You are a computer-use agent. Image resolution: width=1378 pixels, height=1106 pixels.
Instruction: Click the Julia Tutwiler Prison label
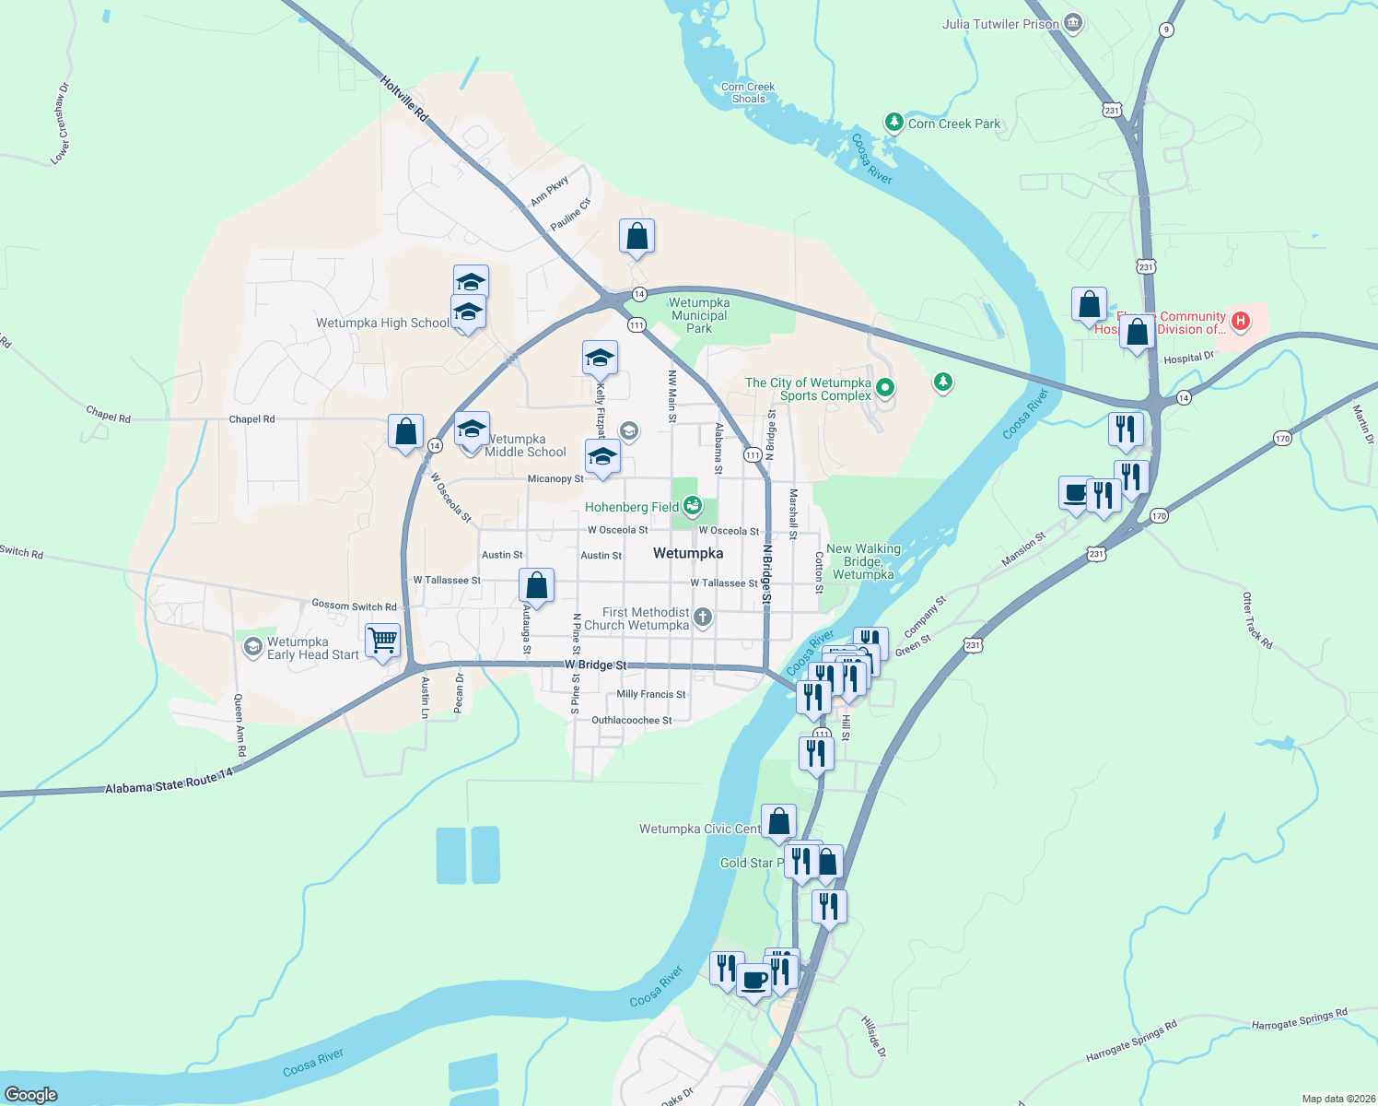1000,24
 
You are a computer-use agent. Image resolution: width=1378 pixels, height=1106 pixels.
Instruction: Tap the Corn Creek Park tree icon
893,123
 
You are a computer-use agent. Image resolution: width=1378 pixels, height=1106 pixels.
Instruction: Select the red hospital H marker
1241,321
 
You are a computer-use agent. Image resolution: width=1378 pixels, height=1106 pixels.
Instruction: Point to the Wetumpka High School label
382,323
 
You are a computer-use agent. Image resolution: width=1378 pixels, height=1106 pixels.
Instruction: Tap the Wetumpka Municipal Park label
699,315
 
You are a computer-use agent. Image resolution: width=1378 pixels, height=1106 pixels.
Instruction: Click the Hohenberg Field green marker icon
693,506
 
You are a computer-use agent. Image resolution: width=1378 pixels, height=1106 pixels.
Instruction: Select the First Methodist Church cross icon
703,617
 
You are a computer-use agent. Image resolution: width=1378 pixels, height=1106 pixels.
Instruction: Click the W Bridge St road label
595,665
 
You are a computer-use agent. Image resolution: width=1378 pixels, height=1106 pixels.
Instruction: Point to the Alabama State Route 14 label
169,783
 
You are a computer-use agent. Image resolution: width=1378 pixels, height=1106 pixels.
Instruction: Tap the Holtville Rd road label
404,99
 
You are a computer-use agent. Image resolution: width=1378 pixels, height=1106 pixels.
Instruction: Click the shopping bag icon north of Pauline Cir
636,237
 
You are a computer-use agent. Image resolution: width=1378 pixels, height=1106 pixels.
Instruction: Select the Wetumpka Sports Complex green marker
885,388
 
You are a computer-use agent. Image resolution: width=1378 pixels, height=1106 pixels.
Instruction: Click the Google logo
31,1095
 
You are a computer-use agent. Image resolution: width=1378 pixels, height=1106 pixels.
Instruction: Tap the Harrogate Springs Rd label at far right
1299,1019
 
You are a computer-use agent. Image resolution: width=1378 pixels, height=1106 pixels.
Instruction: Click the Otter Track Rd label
1257,620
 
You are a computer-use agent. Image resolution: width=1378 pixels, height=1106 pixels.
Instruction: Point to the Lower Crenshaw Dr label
61,124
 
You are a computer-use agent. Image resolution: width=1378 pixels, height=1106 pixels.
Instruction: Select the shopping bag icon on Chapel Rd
405,431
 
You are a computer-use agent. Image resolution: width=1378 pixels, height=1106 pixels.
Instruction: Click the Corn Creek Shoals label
748,93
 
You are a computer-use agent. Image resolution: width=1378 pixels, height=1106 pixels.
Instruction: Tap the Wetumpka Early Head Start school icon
252,648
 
